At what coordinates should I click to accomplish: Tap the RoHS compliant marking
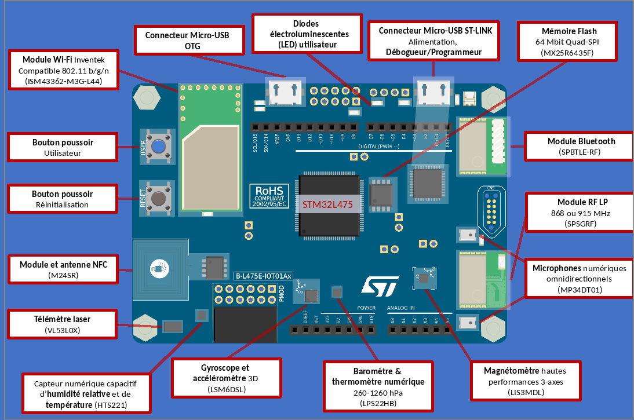[267, 196]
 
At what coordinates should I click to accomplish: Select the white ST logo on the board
[380, 285]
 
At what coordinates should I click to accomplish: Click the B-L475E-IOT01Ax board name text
[263, 276]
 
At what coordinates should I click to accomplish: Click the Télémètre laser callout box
[62, 324]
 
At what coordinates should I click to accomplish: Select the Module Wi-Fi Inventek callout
[64, 70]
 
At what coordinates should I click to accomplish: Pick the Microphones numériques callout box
[580, 279]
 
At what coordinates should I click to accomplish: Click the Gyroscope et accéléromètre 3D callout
[226, 378]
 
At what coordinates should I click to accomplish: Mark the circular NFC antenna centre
[157, 268]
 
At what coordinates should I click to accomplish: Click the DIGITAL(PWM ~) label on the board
[378, 147]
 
